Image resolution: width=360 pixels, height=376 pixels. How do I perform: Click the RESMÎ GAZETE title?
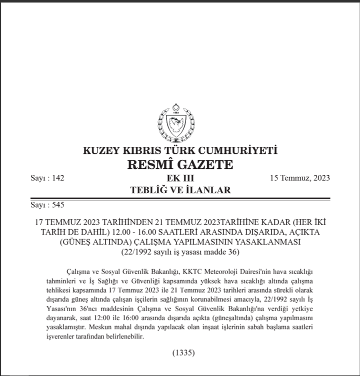(180, 164)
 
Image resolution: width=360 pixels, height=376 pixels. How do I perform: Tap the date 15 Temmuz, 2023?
(299, 178)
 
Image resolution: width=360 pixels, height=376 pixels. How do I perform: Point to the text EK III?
(180, 178)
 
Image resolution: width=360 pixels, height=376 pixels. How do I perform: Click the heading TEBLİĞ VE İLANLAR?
(180, 190)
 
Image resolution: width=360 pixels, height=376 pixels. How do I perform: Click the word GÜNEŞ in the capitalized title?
(81, 242)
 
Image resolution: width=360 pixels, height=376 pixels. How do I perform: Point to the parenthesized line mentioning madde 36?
(180, 252)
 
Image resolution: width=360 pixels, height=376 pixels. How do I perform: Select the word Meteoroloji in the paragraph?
(230, 271)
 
